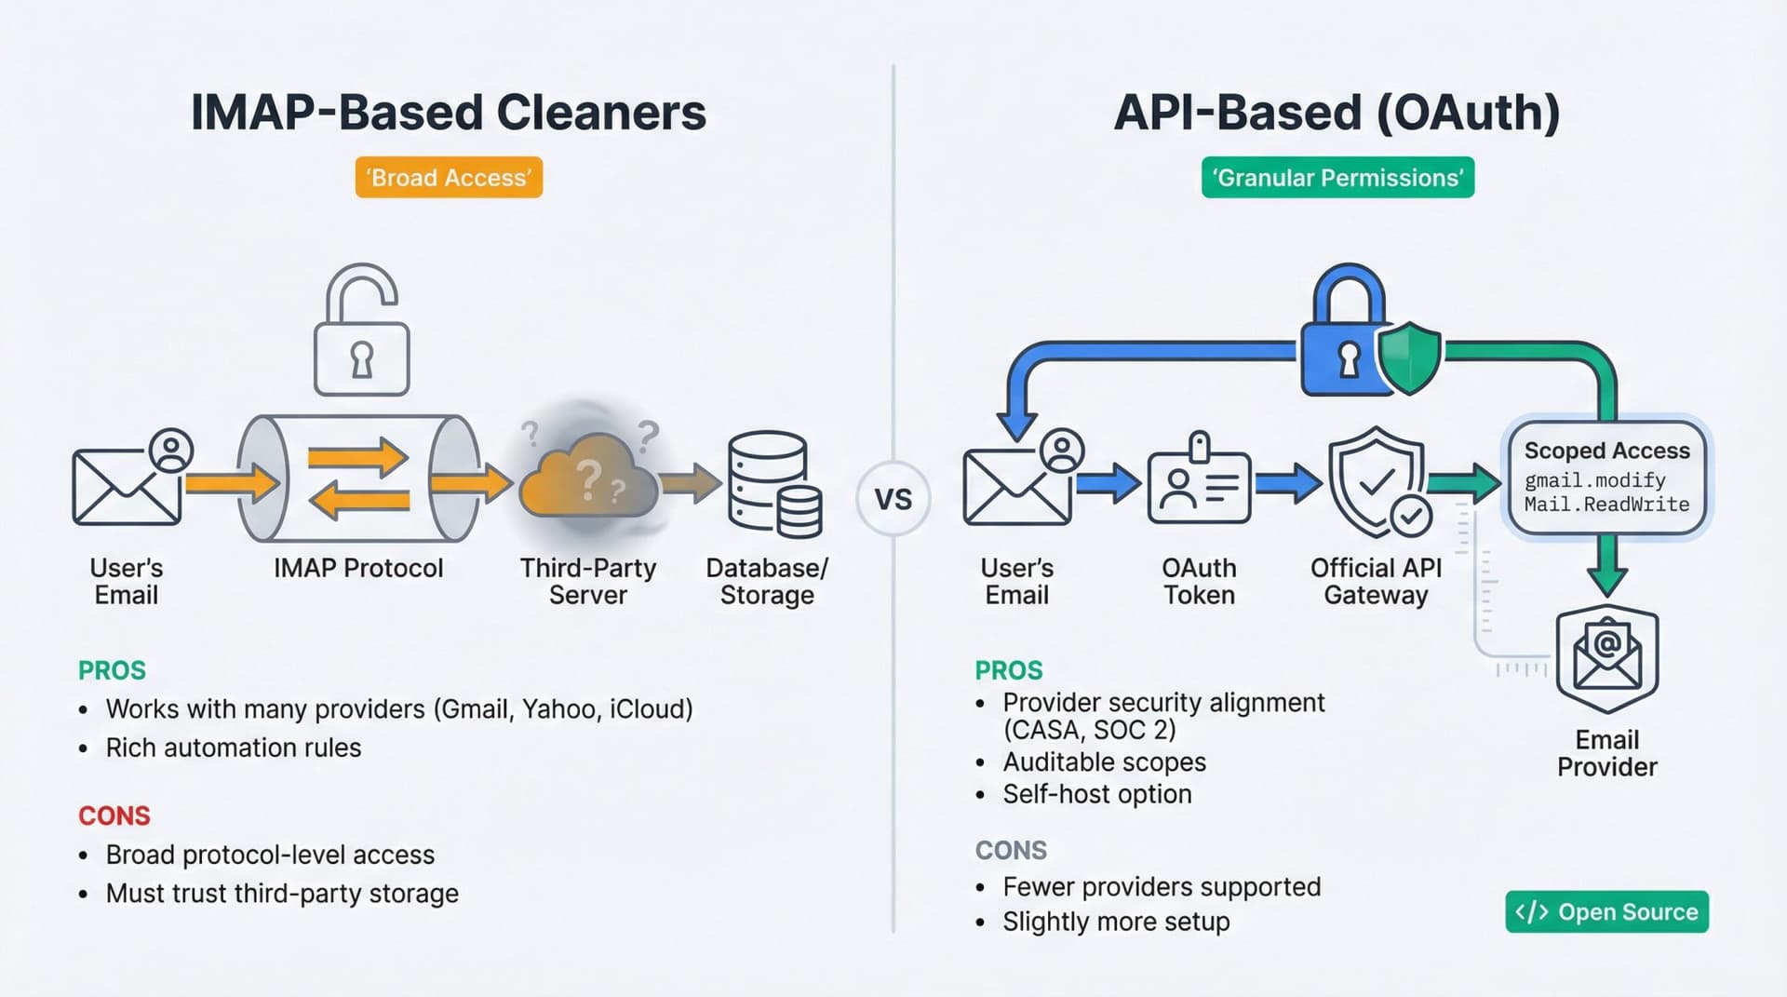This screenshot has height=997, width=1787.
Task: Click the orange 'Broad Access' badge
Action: [449, 178]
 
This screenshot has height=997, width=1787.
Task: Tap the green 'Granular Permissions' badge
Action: [1337, 178]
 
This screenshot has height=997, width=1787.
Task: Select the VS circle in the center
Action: [893, 499]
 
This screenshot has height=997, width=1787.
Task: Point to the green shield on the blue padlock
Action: [1409, 358]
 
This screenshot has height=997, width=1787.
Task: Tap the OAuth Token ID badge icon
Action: [1199, 484]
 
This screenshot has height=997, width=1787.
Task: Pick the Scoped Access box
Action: [1606, 478]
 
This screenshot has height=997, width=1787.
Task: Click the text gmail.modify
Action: [1594, 480]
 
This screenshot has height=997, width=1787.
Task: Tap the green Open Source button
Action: [1606, 912]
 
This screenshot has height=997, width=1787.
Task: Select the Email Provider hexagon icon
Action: [1606, 659]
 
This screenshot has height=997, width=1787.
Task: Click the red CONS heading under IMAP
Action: [114, 816]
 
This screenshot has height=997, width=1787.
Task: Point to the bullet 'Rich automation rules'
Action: [233, 748]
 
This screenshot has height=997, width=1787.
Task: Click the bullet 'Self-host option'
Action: [1096, 794]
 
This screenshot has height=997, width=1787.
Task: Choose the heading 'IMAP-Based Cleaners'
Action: [448, 113]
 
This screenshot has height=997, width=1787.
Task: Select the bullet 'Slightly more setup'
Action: [1115, 922]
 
